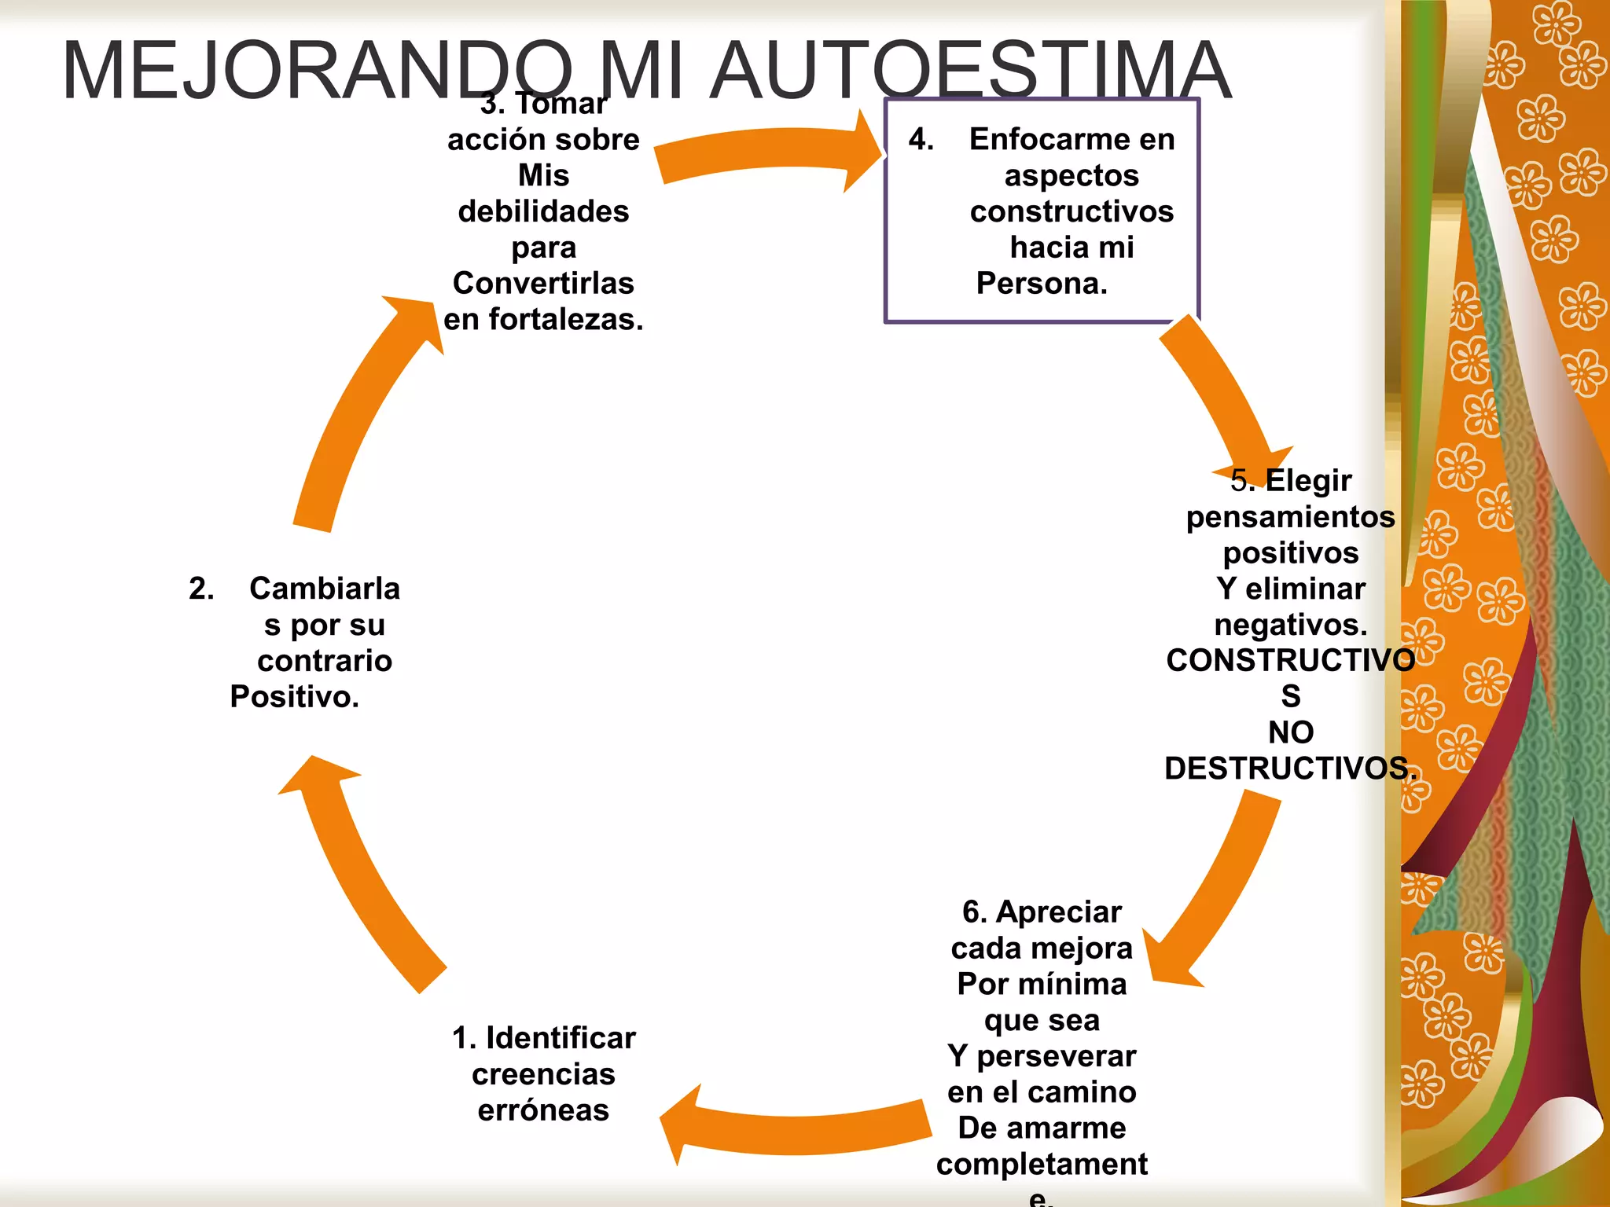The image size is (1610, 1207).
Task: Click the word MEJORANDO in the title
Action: (x=317, y=71)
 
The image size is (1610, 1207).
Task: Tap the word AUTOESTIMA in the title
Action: (x=971, y=71)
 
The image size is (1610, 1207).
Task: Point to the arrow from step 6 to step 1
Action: (x=794, y=1128)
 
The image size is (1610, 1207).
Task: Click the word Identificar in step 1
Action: (x=561, y=1038)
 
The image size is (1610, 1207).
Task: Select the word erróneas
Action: (x=543, y=1110)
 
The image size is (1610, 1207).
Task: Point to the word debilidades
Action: (x=543, y=211)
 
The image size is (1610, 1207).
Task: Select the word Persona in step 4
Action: (x=1038, y=283)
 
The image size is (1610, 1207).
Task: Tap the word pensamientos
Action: (x=1291, y=517)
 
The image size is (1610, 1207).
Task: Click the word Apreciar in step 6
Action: (x=1059, y=912)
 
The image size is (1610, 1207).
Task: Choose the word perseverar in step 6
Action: (x=1057, y=1056)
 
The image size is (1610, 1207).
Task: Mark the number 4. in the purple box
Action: (x=921, y=139)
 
